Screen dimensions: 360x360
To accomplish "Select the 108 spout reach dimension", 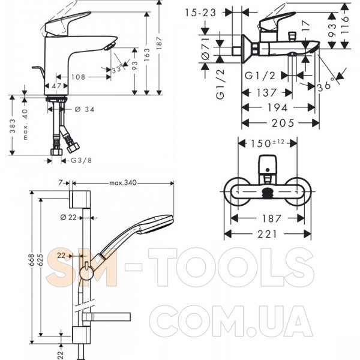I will tap(77, 77).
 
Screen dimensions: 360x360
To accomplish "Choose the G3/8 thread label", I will tap(82, 160).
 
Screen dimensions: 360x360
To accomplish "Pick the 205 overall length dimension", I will tap(283, 123).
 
